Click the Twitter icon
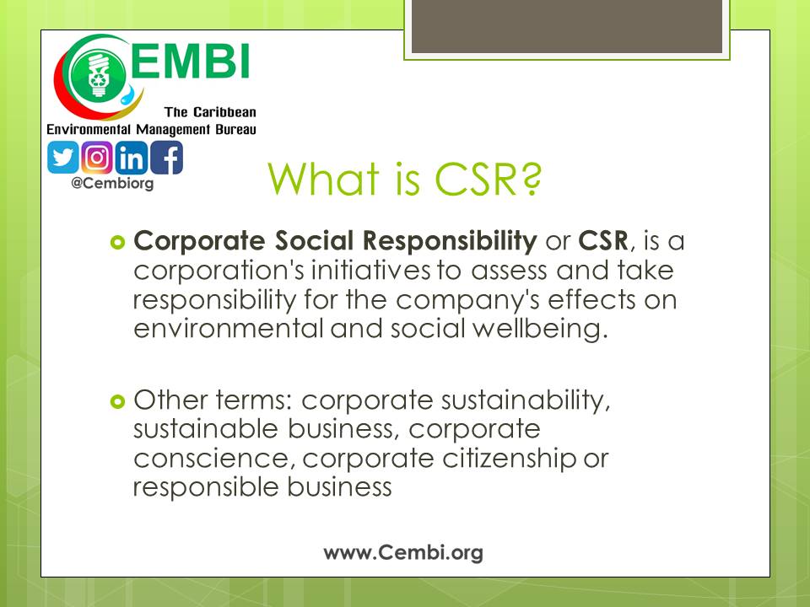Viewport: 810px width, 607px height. tap(63, 158)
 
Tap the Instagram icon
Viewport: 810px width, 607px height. tap(97, 158)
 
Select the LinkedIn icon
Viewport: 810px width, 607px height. tap(132, 158)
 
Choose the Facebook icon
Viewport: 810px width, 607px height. tap(166, 158)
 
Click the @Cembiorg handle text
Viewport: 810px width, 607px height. tap(112, 183)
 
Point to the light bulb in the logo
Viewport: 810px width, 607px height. tap(98, 76)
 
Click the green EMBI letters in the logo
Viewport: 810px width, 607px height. tap(190, 61)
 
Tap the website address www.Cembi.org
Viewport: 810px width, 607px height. tap(403, 552)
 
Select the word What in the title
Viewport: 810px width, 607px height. tap(324, 179)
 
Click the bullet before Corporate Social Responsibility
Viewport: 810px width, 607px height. tap(118, 242)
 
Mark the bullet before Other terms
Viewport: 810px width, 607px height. tap(118, 401)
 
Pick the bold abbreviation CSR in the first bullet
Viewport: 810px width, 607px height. tap(603, 240)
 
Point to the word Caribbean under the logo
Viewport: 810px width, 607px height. tap(224, 112)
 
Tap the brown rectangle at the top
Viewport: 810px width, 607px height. tap(567, 26)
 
